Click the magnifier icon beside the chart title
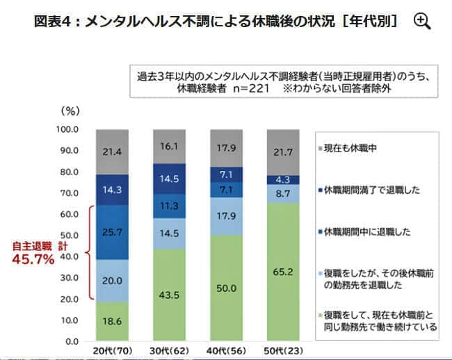point(421,21)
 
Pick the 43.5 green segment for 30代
point(167,295)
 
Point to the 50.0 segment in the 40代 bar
point(227,288)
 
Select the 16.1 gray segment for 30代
point(167,147)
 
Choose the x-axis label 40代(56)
point(227,351)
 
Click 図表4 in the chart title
point(53,21)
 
